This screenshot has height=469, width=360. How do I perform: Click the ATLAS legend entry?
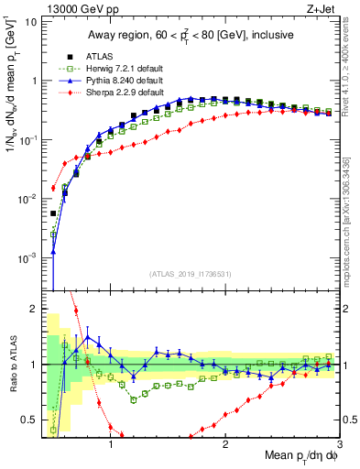tap(86, 54)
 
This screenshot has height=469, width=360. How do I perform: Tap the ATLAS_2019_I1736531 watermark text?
tap(190, 274)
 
